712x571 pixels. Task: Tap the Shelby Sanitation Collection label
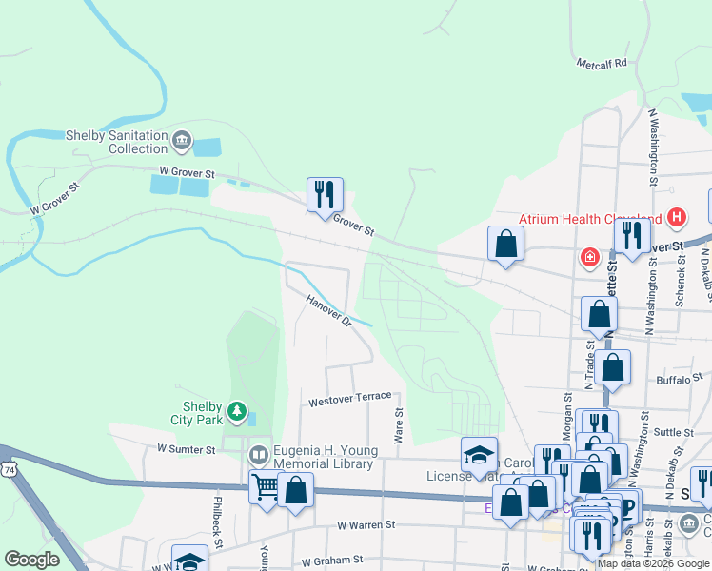tap(116, 142)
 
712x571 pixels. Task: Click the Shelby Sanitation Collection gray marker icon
tap(182, 143)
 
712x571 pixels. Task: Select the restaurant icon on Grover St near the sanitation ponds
tap(325, 194)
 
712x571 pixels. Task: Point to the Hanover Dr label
tap(329, 311)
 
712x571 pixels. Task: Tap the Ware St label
tap(399, 430)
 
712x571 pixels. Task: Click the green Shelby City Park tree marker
tap(237, 413)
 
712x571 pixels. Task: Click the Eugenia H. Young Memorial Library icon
tap(259, 456)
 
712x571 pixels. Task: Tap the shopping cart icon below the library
tap(267, 487)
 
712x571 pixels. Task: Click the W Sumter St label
tap(188, 447)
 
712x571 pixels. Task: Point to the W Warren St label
tap(366, 525)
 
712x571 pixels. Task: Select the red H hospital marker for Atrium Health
tap(676, 218)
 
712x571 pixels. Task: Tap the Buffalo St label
tap(678, 380)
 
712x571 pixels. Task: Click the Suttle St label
tap(675, 432)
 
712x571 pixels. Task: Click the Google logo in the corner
tap(31, 560)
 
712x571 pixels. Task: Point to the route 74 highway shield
tap(9, 469)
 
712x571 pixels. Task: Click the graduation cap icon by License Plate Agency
tap(479, 452)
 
